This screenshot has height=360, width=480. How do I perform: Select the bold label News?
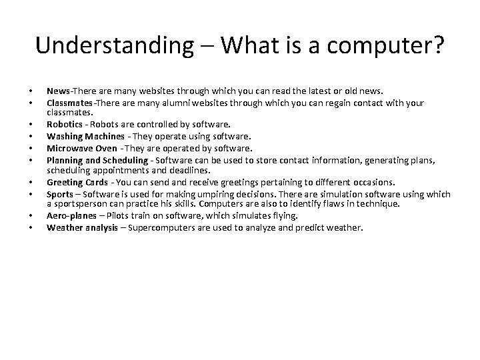(x=59, y=91)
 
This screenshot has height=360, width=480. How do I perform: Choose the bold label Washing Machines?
(x=85, y=136)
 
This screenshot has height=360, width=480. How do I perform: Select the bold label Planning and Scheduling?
(x=96, y=160)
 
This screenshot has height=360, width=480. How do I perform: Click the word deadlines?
(x=191, y=170)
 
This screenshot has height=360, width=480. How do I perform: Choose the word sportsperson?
(x=79, y=203)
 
